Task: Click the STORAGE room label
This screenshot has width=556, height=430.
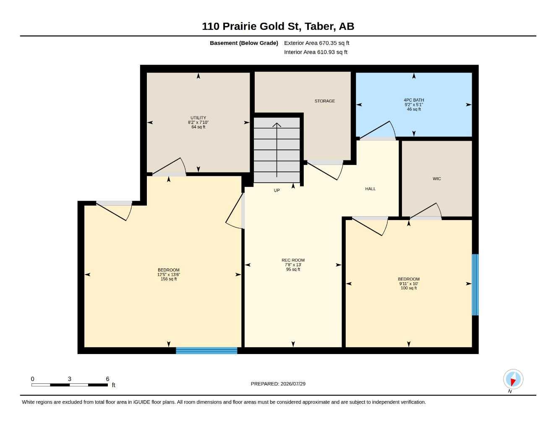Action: click(324, 101)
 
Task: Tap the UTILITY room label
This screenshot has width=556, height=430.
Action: click(198, 118)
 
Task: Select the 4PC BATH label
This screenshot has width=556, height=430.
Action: click(414, 100)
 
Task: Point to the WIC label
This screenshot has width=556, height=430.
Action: click(437, 178)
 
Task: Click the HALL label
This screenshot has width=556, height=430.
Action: click(370, 189)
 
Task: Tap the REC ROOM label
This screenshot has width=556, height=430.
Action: click(293, 260)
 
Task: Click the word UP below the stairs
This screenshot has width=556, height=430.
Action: click(277, 190)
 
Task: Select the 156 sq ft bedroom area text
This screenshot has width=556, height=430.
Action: click(169, 279)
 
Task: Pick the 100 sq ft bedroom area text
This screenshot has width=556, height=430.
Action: click(409, 288)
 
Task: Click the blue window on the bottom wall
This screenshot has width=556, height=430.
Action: click(206, 351)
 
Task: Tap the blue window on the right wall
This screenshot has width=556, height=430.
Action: click(475, 285)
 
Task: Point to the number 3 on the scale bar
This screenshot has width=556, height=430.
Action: click(69, 379)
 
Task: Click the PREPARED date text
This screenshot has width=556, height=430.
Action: click(278, 384)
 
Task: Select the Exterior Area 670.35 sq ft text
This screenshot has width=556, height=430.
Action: click(316, 43)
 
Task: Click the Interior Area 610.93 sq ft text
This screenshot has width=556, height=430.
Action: click(316, 52)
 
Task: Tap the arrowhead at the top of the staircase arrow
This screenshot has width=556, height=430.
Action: click(277, 125)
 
